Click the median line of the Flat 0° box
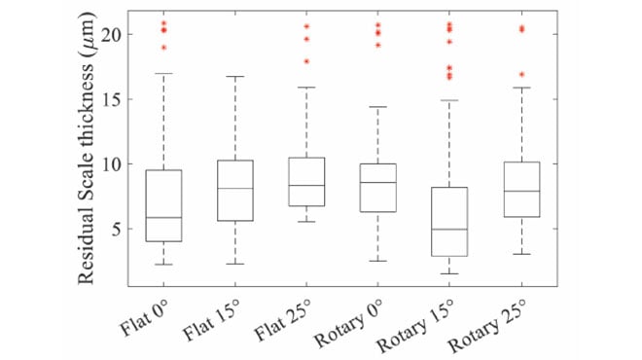coord(163,218)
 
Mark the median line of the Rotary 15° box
coord(449,230)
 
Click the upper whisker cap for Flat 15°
coord(234,76)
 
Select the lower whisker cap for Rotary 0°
coord(377,261)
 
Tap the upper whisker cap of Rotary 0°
coord(377,107)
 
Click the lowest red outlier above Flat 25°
coord(306,61)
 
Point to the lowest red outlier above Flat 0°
coord(163,47)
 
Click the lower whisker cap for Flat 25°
coord(306,222)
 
